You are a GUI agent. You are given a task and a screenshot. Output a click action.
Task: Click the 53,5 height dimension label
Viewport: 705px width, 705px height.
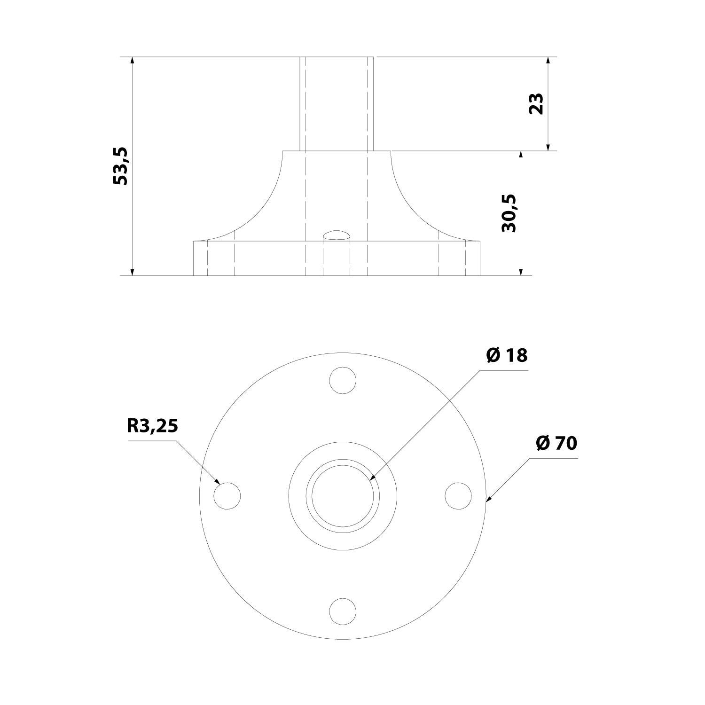[121, 166]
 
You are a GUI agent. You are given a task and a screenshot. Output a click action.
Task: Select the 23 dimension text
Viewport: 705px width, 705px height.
[536, 103]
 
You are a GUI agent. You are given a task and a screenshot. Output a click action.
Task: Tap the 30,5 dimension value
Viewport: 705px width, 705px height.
[509, 213]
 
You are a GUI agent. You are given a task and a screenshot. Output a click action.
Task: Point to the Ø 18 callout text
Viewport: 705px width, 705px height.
[507, 356]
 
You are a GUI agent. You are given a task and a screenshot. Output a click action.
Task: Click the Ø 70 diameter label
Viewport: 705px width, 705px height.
[556, 443]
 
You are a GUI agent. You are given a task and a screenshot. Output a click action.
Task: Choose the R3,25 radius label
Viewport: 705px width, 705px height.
[152, 426]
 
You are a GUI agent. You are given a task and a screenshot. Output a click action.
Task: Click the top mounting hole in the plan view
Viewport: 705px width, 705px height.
[343, 380]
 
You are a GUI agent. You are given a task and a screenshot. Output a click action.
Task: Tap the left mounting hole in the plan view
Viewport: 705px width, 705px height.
[227, 495]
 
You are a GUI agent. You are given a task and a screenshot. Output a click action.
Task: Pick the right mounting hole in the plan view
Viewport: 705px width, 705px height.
[458, 495]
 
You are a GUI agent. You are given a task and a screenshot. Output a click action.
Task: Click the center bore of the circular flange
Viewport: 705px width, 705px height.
[343, 495]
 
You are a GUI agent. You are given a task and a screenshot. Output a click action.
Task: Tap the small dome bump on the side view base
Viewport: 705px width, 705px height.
[337, 235]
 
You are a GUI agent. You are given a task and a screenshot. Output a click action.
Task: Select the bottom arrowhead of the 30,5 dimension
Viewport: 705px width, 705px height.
[521, 271]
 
